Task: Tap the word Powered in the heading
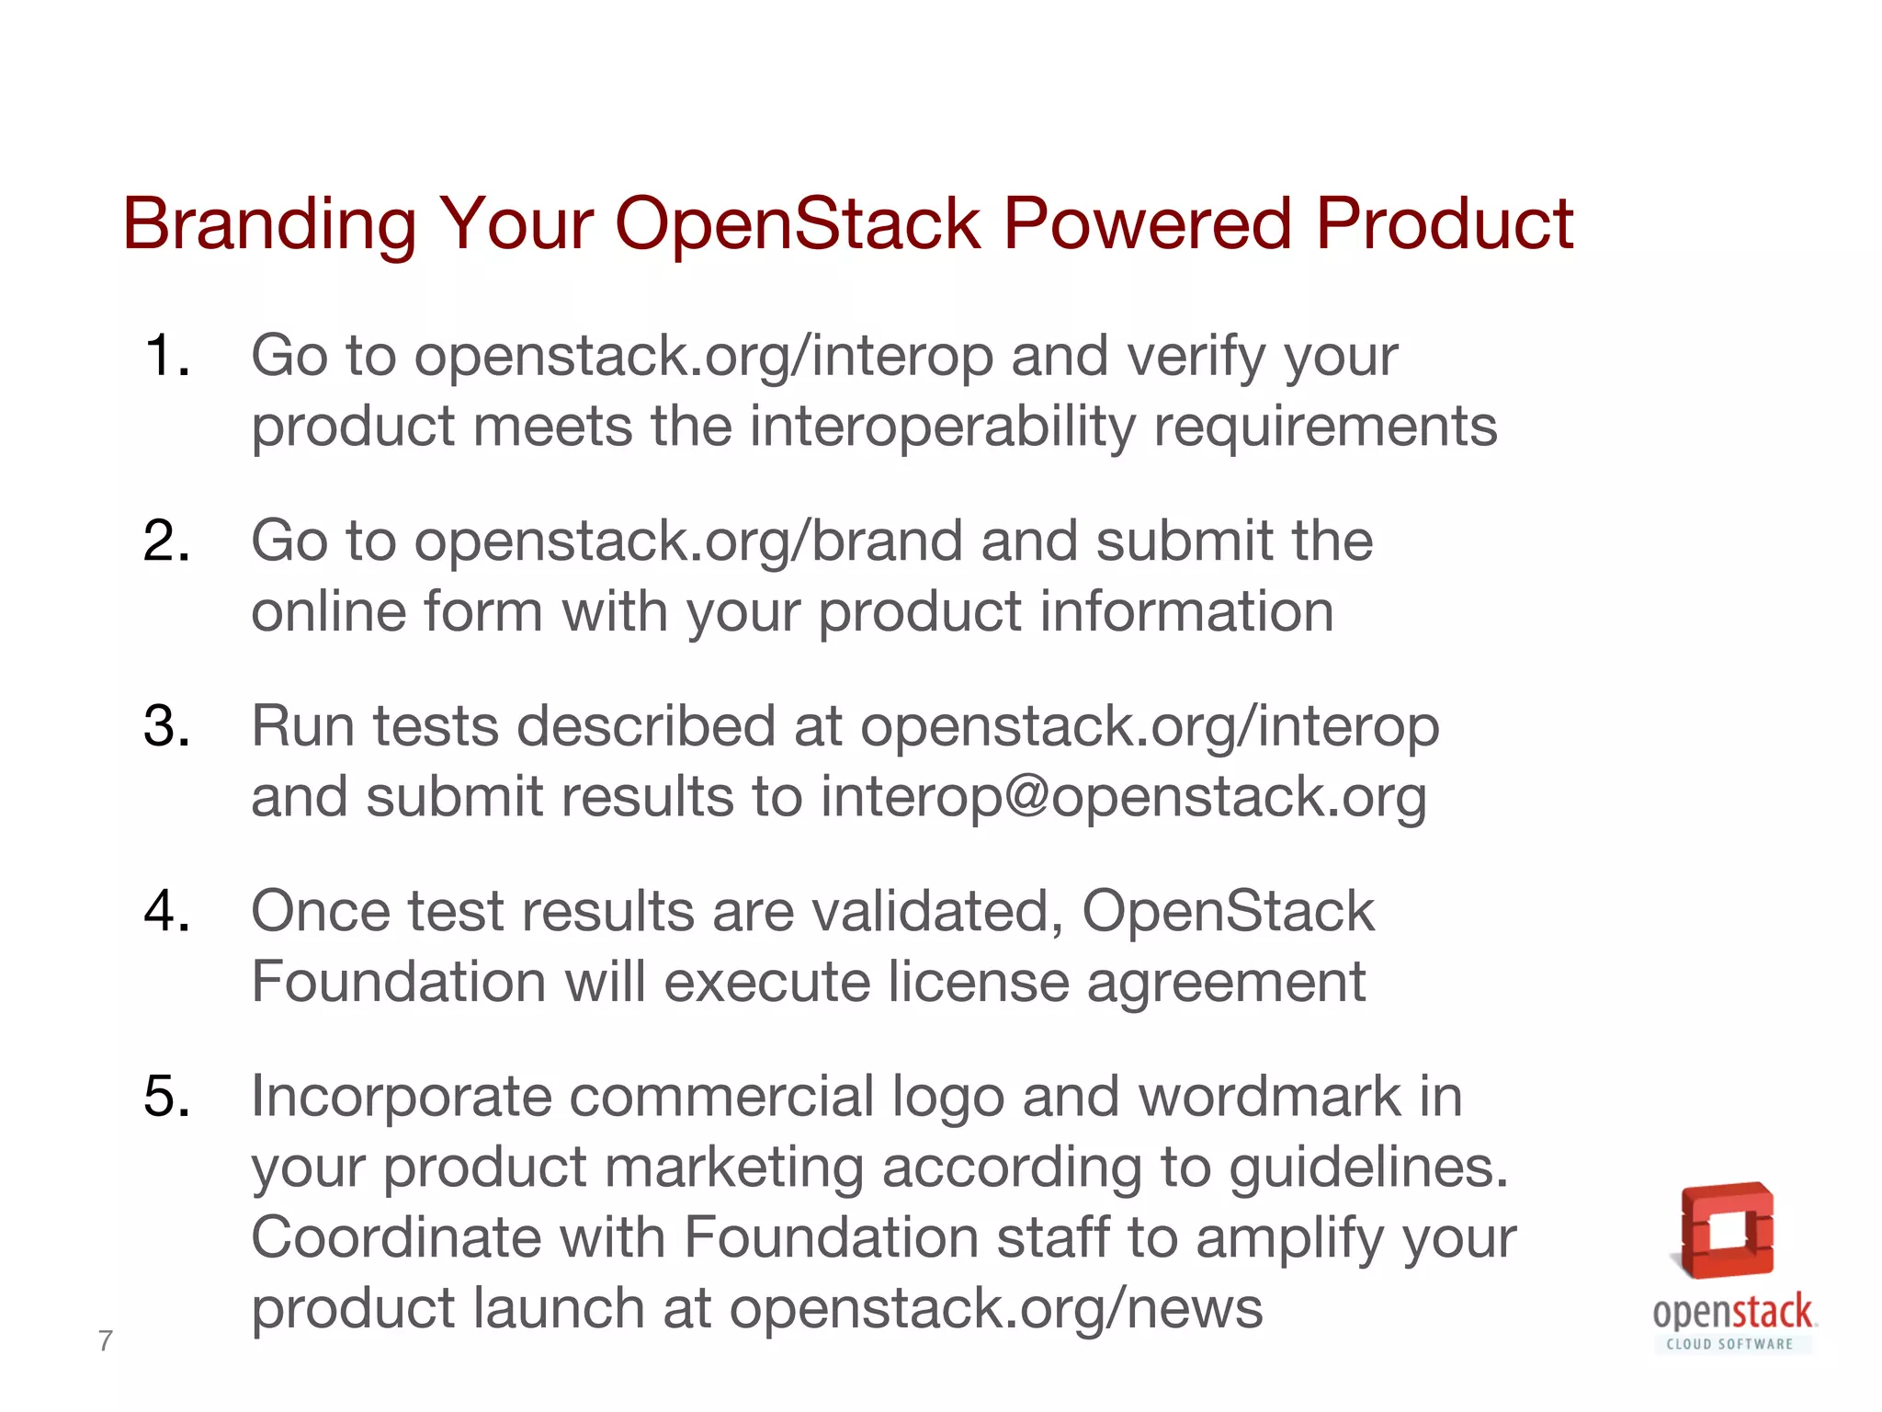tap(1147, 224)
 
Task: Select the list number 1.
tap(166, 356)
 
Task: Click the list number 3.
tap(166, 726)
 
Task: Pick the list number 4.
tap(166, 912)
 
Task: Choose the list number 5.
tap(166, 1097)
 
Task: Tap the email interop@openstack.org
tap(1123, 796)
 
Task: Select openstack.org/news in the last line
tap(996, 1308)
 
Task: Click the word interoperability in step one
tap(943, 427)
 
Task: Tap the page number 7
tap(106, 1341)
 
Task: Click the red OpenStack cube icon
tap(1727, 1231)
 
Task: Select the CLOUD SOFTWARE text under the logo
tap(1729, 1344)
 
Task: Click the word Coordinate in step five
tap(396, 1237)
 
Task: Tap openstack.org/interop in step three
tap(1149, 726)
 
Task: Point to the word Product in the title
tap(1444, 224)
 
